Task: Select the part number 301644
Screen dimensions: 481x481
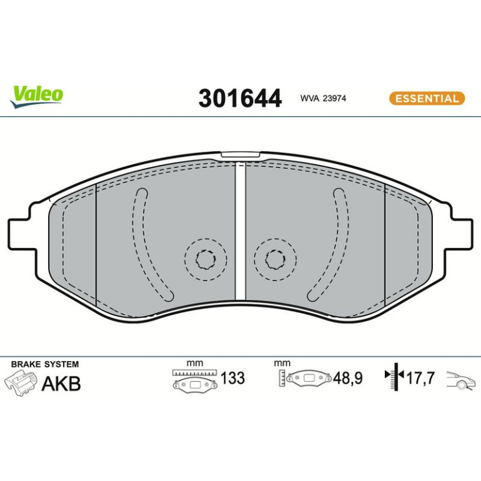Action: pyautogui.click(x=240, y=98)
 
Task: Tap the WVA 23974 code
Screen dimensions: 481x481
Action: pyautogui.click(x=323, y=99)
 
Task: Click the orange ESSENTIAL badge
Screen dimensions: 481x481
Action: pyautogui.click(x=427, y=99)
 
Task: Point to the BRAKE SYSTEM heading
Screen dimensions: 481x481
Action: pyautogui.click(x=45, y=364)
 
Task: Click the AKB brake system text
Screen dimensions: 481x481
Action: pyautogui.click(x=61, y=384)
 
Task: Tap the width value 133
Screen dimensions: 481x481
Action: pyautogui.click(x=233, y=378)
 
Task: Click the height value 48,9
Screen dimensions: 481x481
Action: pyautogui.click(x=347, y=378)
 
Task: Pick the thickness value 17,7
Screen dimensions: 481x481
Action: pyautogui.click(x=420, y=378)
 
